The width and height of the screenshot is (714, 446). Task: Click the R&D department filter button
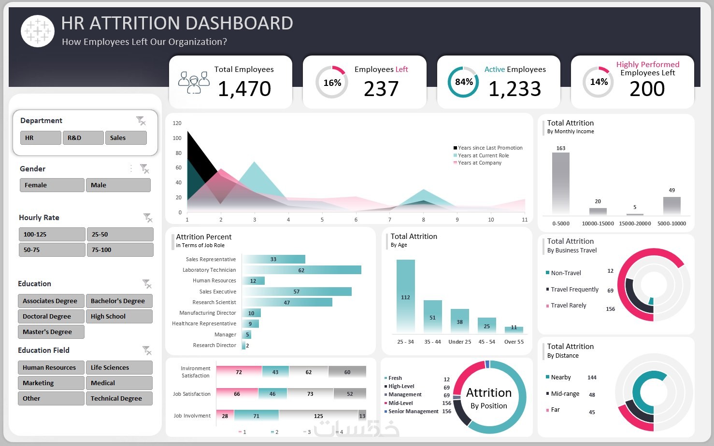coord(83,138)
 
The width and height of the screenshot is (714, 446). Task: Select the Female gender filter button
coord(52,185)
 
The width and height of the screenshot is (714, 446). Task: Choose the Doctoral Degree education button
coord(51,317)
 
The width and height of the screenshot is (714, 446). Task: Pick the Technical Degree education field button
coord(119,399)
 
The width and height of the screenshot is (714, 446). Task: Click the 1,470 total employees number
coord(244,89)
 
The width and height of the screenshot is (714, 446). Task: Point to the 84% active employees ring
coord(463,82)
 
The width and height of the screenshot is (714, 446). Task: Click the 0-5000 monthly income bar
coord(560,183)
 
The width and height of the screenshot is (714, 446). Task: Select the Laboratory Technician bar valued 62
coord(302,270)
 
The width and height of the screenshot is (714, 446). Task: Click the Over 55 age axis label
coord(514,342)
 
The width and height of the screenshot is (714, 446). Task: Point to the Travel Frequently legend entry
coord(574,290)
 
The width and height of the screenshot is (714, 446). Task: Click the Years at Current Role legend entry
coord(483,155)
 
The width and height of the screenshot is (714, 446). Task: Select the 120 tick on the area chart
coord(177,123)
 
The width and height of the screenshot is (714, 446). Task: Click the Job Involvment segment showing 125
coord(318,416)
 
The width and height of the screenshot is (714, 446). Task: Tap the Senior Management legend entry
coord(413,412)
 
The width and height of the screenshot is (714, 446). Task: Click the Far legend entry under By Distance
coord(555,410)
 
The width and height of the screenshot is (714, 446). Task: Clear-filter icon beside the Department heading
coord(141,121)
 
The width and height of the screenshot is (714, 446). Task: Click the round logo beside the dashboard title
coord(38,31)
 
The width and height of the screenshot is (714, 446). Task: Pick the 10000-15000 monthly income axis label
coord(598,223)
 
